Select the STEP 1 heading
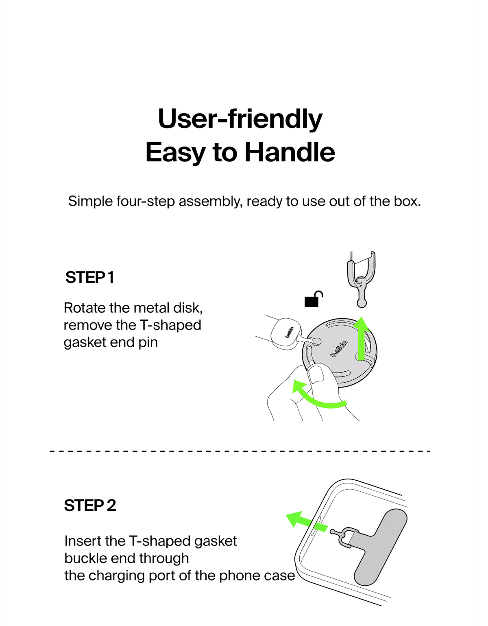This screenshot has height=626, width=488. coord(90,278)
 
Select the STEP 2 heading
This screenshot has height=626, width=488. coord(90,505)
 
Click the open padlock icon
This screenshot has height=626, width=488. coord(314,299)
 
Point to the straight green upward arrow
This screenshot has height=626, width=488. coord(362,339)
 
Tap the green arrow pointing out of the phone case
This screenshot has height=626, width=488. coord(307,522)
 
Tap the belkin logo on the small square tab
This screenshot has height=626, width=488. coord(290,332)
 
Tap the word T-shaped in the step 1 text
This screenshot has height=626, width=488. coord(170,326)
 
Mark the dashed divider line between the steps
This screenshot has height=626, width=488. coord(240,451)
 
